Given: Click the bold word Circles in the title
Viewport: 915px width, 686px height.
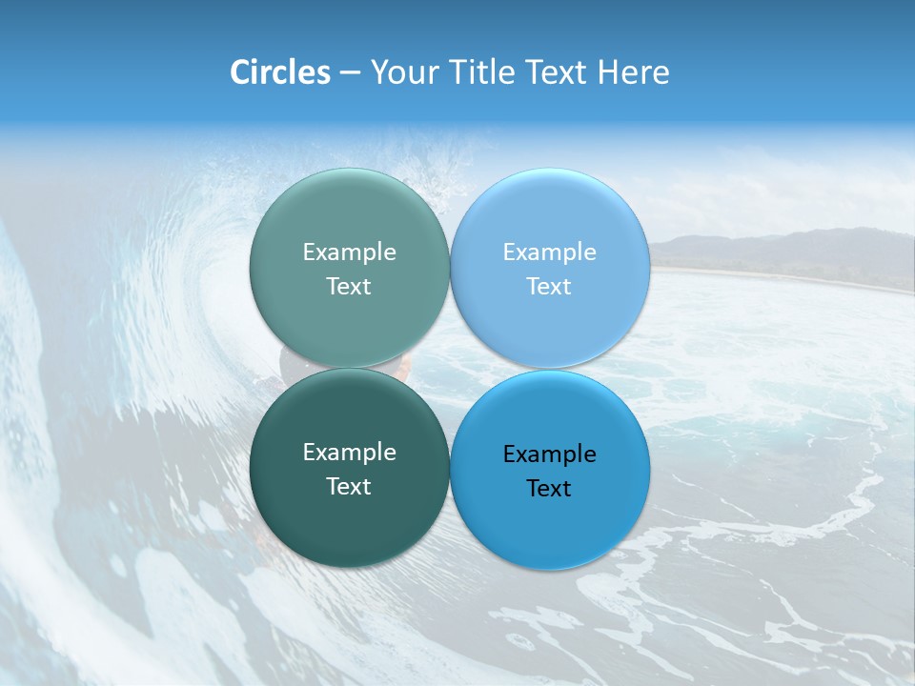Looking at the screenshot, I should coord(279,72).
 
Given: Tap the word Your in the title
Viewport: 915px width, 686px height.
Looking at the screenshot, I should coord(401,72).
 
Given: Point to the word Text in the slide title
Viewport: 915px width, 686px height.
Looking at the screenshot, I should coord(554,72).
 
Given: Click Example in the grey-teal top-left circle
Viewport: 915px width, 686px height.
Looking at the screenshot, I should coord(349,252).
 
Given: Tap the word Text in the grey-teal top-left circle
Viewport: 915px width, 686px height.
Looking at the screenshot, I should coord(349,287).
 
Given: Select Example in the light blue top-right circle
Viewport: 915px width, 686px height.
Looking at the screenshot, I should coord(549,252).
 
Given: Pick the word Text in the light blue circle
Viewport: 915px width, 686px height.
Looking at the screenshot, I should coord(549,287).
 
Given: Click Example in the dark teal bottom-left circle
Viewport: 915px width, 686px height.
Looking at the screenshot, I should coord(349,453).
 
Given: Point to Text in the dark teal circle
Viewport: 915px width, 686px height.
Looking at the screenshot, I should coord(349,487).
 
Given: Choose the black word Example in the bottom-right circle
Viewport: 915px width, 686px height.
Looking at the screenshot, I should coord(549,454).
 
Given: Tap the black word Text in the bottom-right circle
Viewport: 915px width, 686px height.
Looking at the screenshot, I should coord(549,489).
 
